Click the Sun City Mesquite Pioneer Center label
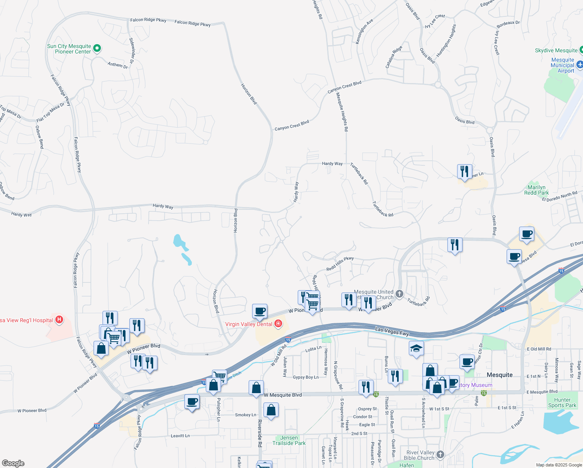click(69, 49)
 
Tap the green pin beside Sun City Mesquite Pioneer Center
click(97, 48)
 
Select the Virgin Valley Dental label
click(249, 324)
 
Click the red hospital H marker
click(59, 320)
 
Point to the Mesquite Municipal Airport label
click(562, 65)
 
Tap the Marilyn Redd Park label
click(536, 190)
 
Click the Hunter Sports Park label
click(562, 402)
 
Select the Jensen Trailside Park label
click(289, 440)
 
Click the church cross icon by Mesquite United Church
click(399, 294)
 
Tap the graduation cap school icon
click(416, 348)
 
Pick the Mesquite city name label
click(500, 375)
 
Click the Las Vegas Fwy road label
click(392, 331)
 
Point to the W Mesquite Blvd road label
click(283, 395)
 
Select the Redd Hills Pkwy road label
click(340, 264)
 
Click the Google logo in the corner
click(13, 463)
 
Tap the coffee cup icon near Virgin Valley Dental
click(260, 311)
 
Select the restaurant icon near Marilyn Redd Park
click(465, 171)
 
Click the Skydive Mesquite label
click(556, 51)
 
